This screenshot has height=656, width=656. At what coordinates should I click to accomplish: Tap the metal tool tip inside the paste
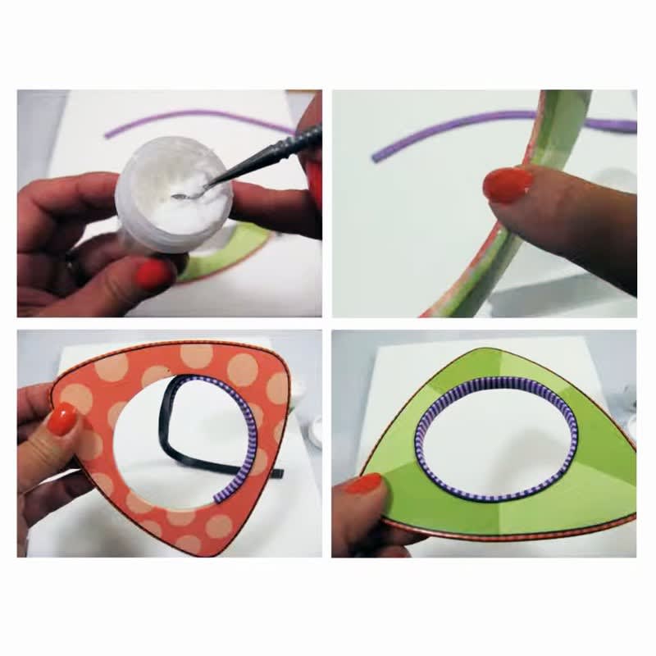[182, 197]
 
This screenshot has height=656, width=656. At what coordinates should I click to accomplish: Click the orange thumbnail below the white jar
[153, 274]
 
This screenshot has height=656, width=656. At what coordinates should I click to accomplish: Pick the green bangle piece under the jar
[234, 251]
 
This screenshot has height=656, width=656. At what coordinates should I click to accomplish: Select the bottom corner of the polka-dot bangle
[197, 548]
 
